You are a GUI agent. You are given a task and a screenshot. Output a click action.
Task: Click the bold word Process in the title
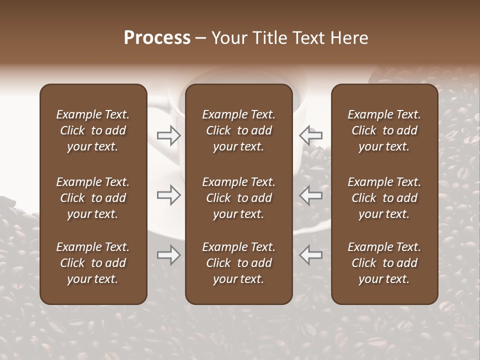click(157, 38)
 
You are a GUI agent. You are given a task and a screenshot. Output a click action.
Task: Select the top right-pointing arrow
click(168, 135)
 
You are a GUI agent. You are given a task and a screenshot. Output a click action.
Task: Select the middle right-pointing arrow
click(168, 195)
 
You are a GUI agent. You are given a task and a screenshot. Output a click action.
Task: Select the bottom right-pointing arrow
click(168, 255)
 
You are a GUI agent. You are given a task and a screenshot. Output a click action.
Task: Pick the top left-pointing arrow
click(311, 135)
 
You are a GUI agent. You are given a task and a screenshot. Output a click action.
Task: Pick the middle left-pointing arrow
click(311, 195)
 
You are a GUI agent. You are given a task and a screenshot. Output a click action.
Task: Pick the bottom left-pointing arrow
click(311, 255)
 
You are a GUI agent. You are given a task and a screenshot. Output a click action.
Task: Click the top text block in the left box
click(93, 130)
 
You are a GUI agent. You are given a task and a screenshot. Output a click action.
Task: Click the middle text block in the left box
click(93, 198)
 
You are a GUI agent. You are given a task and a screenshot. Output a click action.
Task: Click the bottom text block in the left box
click(93, 263)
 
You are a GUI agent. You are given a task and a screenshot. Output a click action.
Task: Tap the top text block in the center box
click(239, 130)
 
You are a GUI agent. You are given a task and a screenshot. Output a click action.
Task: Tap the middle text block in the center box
click(239, 198)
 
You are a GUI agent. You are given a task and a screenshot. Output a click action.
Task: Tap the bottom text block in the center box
click(239, 263)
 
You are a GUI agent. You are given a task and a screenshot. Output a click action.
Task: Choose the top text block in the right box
click(384, 130)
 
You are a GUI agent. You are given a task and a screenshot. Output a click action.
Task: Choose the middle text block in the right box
click(384, 198)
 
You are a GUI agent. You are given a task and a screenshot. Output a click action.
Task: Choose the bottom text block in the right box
click(384, 263)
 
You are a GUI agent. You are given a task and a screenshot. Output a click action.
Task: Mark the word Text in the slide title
click(306, 38)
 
